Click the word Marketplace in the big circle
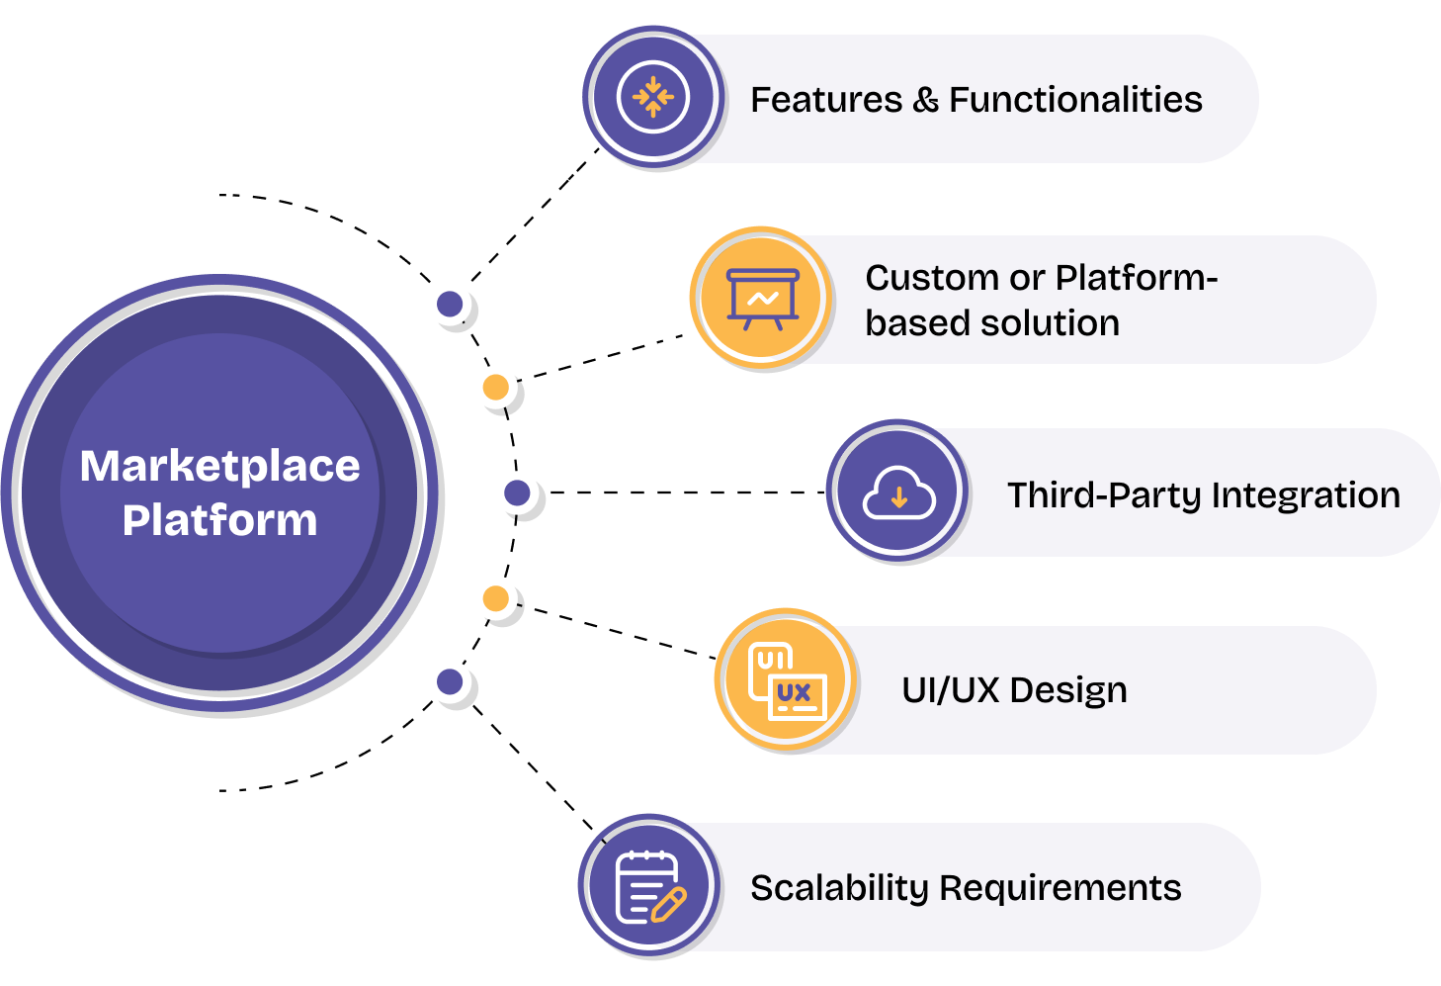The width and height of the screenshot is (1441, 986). pyautogui.click(x=219, y=466)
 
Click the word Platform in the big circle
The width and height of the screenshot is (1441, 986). pyautogui.click(x=219, y=520)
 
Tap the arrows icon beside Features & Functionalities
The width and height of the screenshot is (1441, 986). pyautogui.click(x=652, y=97)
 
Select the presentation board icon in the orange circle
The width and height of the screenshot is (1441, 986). pyautogui.click(x=762, y=298)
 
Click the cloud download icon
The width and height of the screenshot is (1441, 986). pyautogui.click(x=898, y=493)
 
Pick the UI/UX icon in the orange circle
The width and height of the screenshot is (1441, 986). pyautogui.click(x=787, y=681)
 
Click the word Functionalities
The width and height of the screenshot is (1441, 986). pyautogui.click(x=1075, y=100)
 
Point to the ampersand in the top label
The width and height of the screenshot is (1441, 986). pyautogui.click(x=925, y=100)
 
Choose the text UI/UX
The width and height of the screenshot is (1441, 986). pyautogui.click(x=950, y=690)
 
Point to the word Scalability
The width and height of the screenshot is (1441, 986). pyautogui.click(x=839, y=888)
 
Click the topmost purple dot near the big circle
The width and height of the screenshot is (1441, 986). pyautogui.click(x=450, y=304)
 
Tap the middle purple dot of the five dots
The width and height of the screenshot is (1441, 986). pyautogui.click(x=517, y=493)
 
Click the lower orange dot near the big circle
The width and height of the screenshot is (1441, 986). pyautogui.click(x=496, y=598)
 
